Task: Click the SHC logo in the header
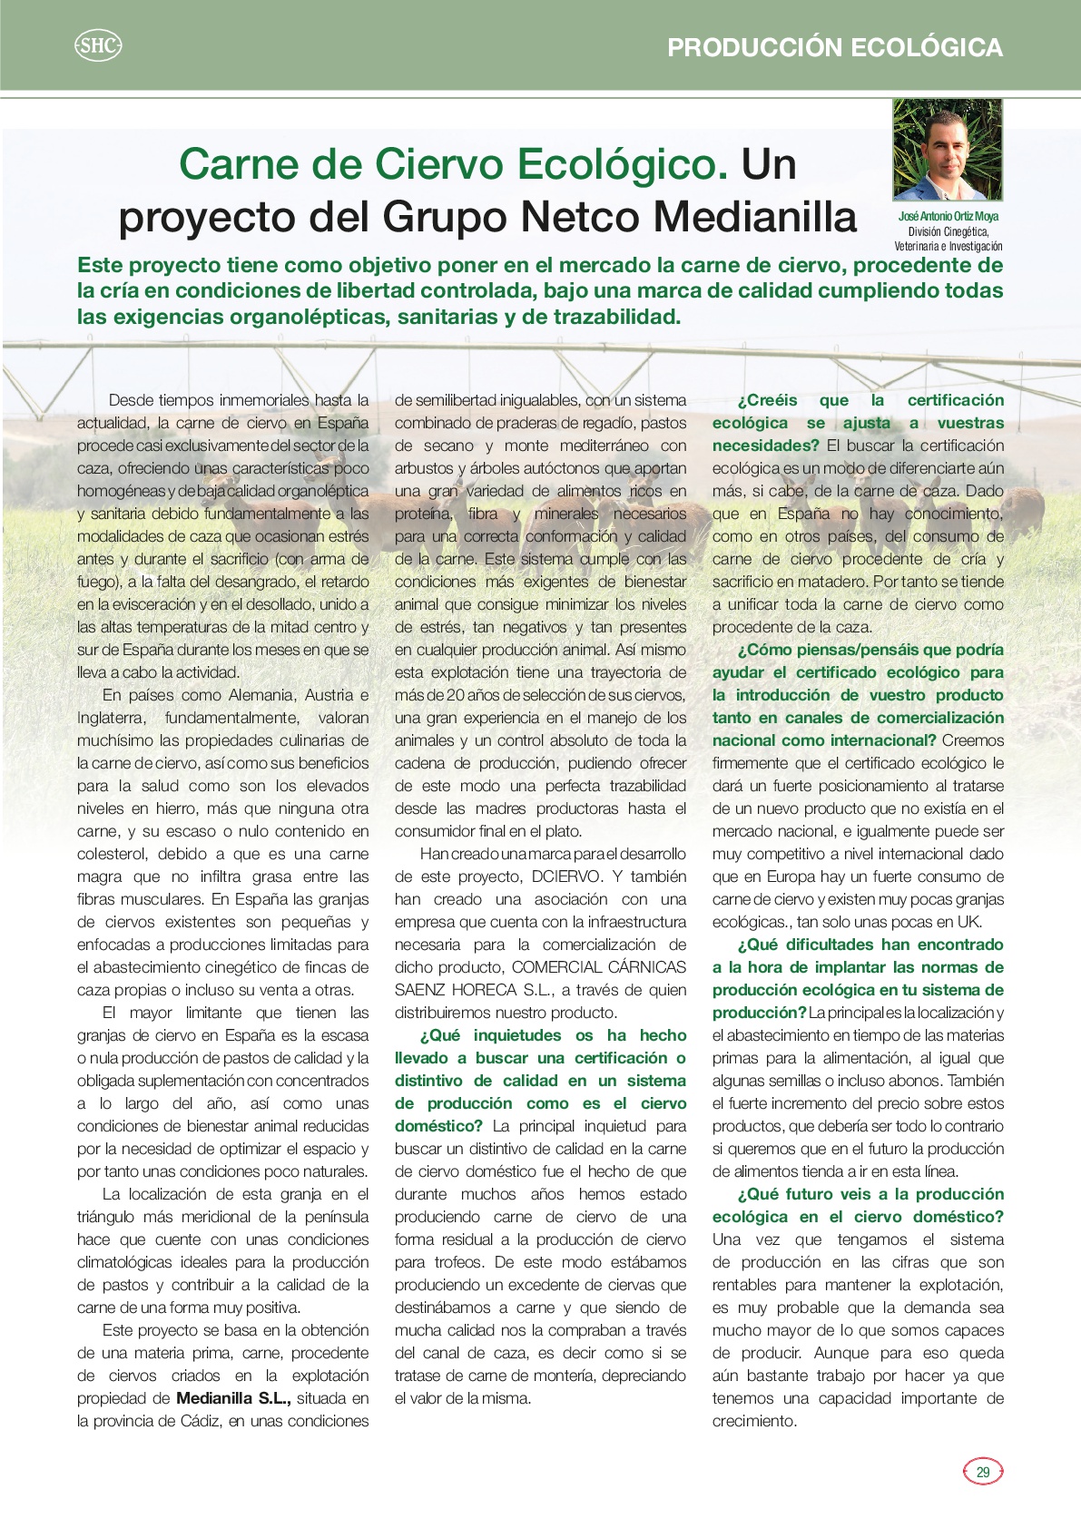tap(97, 45)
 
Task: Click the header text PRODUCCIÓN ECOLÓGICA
tap(834, 47)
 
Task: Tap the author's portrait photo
tap(948, 150)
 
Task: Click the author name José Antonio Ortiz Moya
tap(948, 216)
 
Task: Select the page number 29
tap(982, 1472)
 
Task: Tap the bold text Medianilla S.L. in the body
tap(233, 1398)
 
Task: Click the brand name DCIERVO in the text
tap(566, 877)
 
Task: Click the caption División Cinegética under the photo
tap(948, 231)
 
